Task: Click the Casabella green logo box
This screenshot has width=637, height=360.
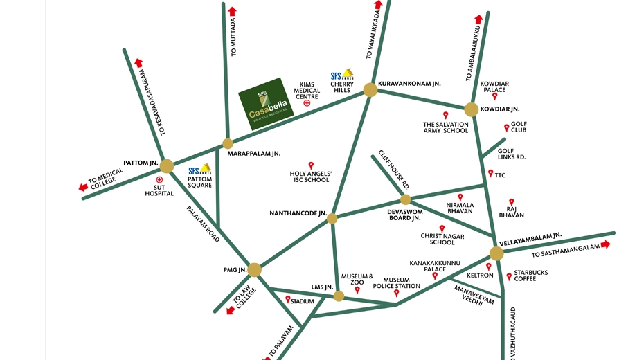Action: point(266,104)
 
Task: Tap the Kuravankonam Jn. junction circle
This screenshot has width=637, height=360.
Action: point(370,90)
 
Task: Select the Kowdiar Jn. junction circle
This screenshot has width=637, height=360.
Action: point(472,109)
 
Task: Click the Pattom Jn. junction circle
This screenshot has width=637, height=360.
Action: point(167,166)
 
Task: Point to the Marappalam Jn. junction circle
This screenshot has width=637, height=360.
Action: point(228,143)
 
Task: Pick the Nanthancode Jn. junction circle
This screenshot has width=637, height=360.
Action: point(332,219)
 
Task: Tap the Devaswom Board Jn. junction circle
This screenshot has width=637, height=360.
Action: point(406,199)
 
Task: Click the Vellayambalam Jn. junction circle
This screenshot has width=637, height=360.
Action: point(496,253)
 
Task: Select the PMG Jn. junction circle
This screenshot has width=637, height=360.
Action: point(254,270)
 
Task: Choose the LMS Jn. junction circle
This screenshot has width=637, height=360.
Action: point(339,296)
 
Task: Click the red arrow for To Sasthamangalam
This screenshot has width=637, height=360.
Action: point(605,244)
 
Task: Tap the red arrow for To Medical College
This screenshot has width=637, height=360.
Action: point(83,188)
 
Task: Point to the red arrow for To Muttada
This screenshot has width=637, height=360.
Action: point(233,11)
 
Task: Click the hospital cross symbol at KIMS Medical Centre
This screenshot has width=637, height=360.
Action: point(307,102)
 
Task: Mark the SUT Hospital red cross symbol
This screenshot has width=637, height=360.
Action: point(159,179)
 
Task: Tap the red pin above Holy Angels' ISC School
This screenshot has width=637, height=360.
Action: point(311,165)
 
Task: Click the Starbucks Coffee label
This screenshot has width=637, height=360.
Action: point(530,276)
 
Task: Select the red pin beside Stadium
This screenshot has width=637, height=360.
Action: point(287,300)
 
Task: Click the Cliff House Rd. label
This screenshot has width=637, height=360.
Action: point(394,170)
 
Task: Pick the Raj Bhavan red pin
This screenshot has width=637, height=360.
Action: point(512,202)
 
